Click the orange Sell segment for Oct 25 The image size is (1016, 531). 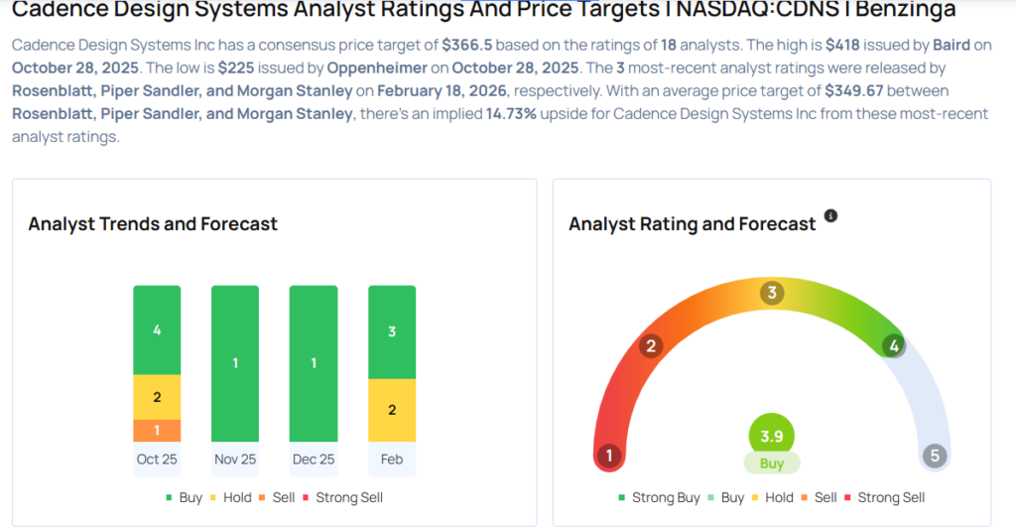[157, 430]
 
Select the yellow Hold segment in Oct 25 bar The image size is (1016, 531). [157, 397]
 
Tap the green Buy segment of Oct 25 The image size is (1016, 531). [157, 330]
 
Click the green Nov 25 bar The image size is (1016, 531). [235, 363]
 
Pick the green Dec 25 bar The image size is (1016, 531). [314, 363]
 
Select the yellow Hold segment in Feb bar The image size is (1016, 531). [392, 410]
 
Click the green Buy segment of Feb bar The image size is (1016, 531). [392, 332]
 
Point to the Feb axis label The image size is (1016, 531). [392, 460]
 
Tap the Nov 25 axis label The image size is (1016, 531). [235, 460]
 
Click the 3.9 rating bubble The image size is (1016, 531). [771, 437]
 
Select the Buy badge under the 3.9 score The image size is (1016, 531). [771, 464]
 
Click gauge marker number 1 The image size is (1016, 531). [609, 456]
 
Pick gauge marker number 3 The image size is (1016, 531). [771, 293]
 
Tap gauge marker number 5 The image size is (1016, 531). [933, 456]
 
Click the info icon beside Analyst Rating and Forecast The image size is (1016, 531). [831, 215]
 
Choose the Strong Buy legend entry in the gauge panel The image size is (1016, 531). [659, 497]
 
